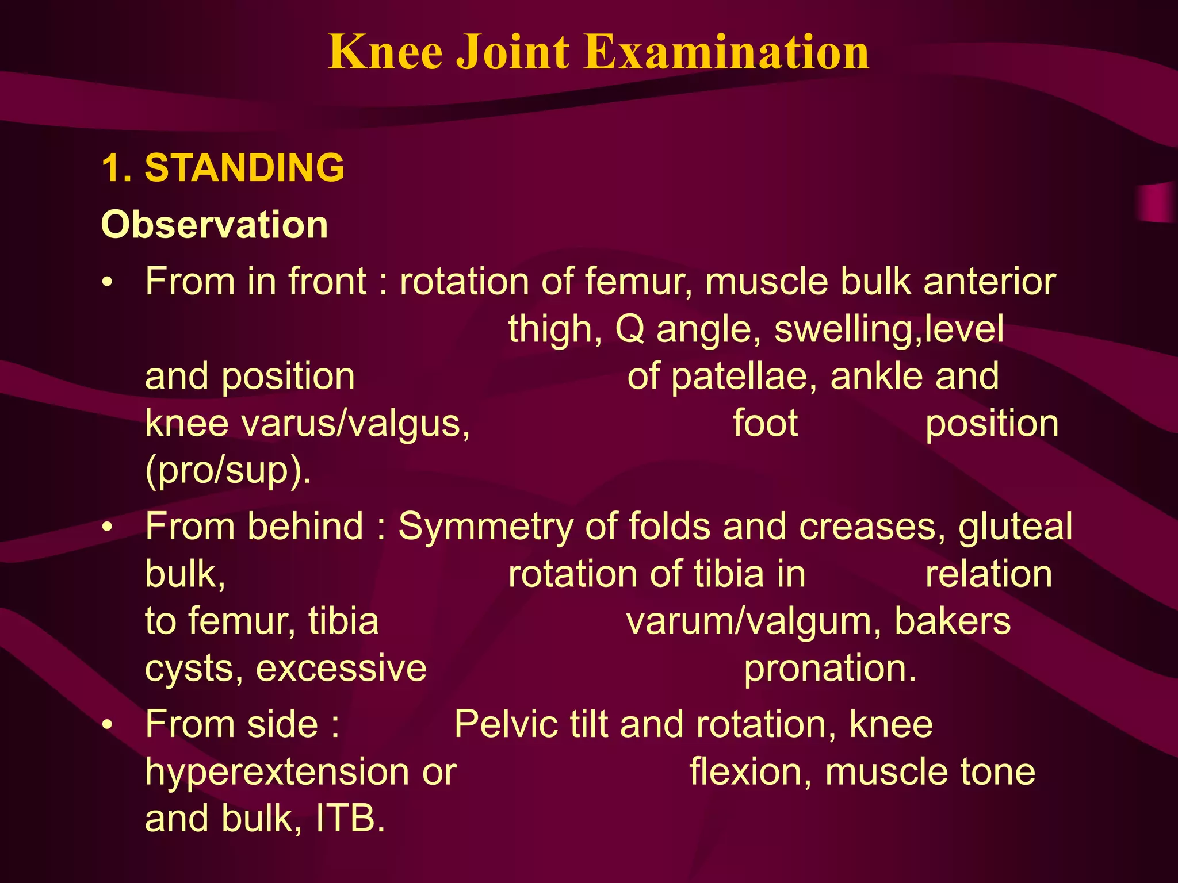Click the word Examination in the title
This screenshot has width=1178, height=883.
728,52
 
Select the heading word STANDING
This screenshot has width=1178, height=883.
244,168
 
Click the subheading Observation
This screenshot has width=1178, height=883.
215,224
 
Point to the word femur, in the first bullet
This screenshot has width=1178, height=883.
639,282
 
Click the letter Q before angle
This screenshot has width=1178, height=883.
629,330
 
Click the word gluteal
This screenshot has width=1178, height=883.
1015,527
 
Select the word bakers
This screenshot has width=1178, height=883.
953,621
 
